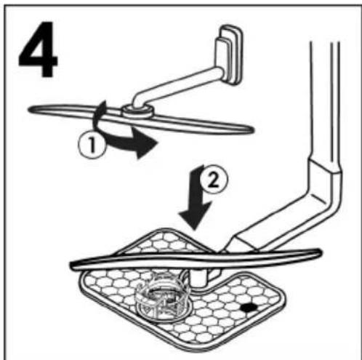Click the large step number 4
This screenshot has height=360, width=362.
(39, 49)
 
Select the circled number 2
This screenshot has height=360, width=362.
(214, 180)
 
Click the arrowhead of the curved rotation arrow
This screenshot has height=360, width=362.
(145, 143)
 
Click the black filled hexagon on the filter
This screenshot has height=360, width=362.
(249, 308)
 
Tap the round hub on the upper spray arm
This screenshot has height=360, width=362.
(137, 111)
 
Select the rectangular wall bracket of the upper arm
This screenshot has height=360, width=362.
(230, 55)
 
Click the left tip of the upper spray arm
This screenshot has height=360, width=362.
(30, 110)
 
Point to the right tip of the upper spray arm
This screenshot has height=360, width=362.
(252, 129)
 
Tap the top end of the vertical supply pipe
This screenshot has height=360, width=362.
(325, 44)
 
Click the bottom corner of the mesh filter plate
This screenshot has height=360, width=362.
(196, 351)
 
